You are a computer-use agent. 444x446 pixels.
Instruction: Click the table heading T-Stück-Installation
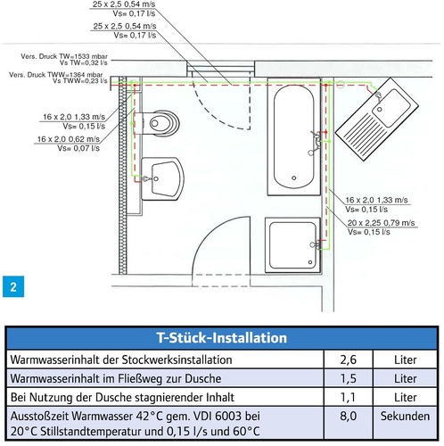(222, 338)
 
